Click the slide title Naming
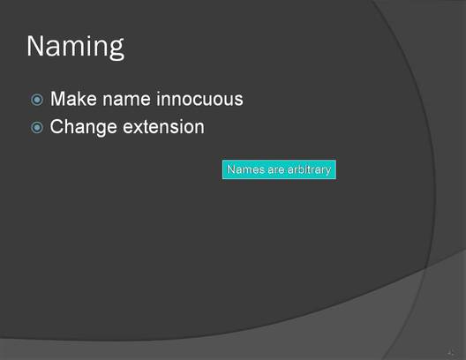pyautogui.click(x=76, y=47)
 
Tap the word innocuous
pyautogui.click(x=199, y=99)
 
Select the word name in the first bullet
pyautogui.click(x=126, y=100)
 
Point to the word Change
pyautogui.click(x=83, y=128)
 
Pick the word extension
pyautogui.click(x=164, y=127)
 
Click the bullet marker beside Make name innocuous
pyautogui.click(x=37, y=100)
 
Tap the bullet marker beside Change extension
pyautogui.click(x=37, y=128)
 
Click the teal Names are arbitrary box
pyautogui.click(x=279, y=169)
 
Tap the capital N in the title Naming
pyautogui.click(x=35, y=46)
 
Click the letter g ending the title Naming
pyautogui.click(x=116, y=49)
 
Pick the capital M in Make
pyautogui.click(x=57, y=99)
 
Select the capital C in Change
pyautogui.click(x=56, y=127)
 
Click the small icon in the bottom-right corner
pyautogui.click(x=451, y=353)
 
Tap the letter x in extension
pyautogui.click(x=140, y=128)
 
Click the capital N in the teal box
pyautogui.click(x=231, y=169)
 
